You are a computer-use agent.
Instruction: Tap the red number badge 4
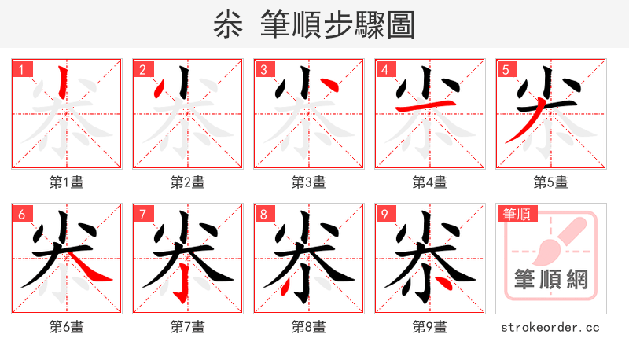pyautogui.click(x=384, y=69)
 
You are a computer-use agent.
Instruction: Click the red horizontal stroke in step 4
pyautogui.click(x=425, y=105)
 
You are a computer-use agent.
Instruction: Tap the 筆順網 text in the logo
pyautogui.click(x=550, y=279)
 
